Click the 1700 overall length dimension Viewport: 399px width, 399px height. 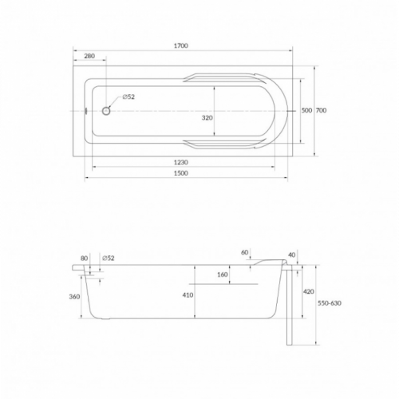click(x=181, y=45)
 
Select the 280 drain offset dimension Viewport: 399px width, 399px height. click(x=89, y=56)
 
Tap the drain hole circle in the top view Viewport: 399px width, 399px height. click(x=106, y=111)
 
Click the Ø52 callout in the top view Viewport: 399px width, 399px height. click(x=128, y=97)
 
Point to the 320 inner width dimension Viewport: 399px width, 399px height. click(x=207, y=117)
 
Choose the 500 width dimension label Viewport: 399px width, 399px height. click(x=306, y=110)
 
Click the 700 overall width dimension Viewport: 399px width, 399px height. click(x=321, y=110)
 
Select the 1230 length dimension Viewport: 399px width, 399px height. click(x=181, y=162)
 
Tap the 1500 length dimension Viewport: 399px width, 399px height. click(x=181, y=173)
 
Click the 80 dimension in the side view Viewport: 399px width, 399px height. click(x=84, y=259)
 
